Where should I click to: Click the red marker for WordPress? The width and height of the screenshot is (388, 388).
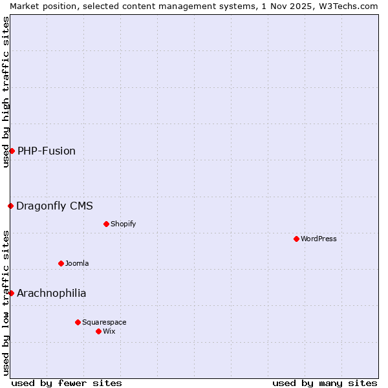click(296, 239)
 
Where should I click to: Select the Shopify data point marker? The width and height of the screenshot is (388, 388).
click(106, 224)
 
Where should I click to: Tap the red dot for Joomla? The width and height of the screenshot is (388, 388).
click(61, 263)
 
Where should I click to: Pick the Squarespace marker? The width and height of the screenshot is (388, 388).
click(78, 322)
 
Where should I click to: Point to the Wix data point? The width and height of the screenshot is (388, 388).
click(98, 331)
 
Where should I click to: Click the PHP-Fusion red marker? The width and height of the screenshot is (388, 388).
click(12, 151)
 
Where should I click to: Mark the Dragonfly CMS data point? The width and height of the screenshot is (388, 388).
click(10, 206)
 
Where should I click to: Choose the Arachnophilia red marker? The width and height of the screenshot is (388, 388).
click(11, 293)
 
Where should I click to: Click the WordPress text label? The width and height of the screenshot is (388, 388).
click(319, 239)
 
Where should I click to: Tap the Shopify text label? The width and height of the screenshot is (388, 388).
click(123, 224)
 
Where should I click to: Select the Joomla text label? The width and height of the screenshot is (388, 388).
click(77, 263)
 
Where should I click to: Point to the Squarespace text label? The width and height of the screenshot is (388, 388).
click(104, 322)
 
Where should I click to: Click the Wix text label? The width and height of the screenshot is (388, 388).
click(109, 331)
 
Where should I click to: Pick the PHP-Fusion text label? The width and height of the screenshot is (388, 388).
click(47, 151)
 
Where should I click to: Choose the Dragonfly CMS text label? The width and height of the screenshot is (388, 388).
click(54, 206)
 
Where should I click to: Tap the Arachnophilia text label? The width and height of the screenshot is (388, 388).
click(51, 293)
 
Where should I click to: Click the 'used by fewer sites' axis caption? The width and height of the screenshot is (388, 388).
click(67, 383)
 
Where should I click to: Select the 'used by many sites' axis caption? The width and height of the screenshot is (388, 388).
click(325, 383)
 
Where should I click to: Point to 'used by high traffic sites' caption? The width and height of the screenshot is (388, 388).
click(6, 92)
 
